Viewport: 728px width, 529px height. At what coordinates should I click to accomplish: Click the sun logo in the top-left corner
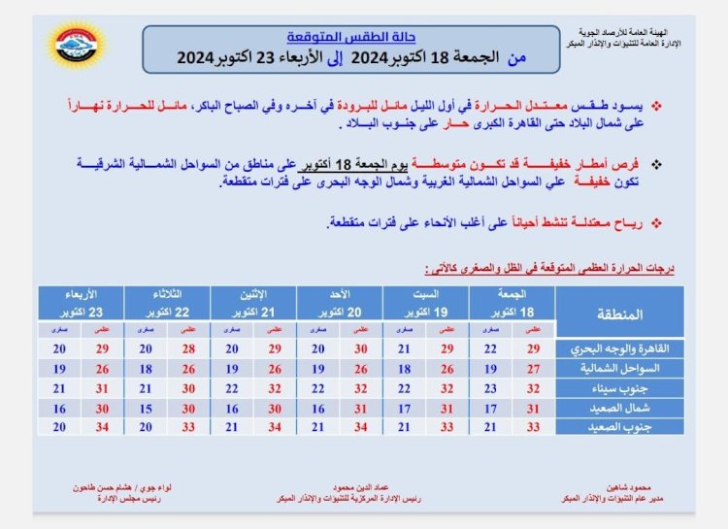(77, 44)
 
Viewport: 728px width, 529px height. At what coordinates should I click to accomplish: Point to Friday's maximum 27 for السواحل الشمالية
(532, 368)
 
